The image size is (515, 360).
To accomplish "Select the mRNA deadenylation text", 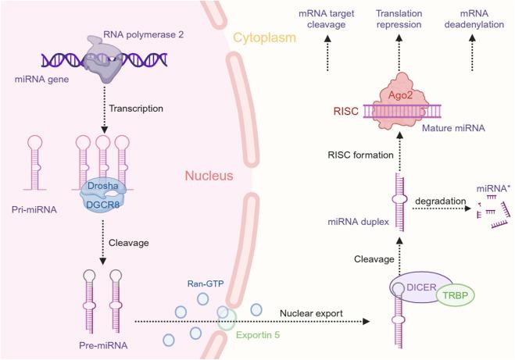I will pyautogui.click(x=485, y=20).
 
